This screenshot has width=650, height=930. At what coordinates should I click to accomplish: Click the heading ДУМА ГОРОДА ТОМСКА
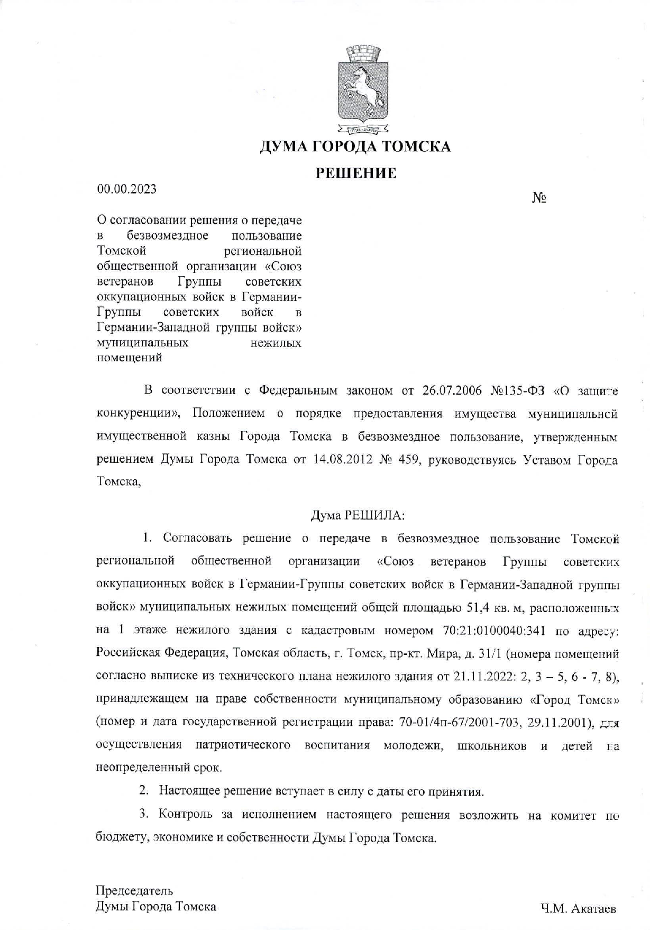(355, 147)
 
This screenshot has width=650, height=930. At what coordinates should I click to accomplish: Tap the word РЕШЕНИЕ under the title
(356, 173)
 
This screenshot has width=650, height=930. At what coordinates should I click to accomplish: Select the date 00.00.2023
(126, 189)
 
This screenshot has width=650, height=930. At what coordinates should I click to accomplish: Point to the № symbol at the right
(539, 198)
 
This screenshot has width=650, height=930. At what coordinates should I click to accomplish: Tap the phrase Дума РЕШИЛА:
(358, 515)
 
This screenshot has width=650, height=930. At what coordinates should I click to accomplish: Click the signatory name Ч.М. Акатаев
(578, 909)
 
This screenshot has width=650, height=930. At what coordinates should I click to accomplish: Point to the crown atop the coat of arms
(363, 53)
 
